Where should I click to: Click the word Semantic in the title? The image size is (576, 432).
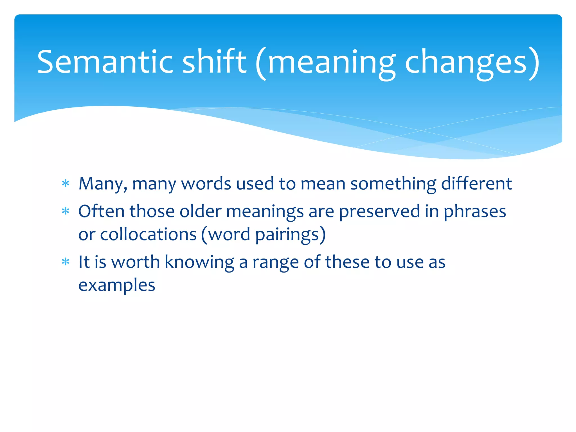coord(105,62)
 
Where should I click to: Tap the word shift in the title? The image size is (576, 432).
coord(214,62)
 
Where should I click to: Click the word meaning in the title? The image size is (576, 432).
coord(332,63)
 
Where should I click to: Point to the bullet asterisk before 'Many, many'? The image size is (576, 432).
coord(66,184)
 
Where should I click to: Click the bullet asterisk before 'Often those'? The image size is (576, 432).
coord(66,211)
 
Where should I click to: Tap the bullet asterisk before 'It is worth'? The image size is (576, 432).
coord(66,262)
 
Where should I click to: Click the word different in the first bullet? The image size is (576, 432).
coord(476,184)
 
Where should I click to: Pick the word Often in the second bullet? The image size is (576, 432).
coord(101,211)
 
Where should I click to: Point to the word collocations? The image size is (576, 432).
coord(148,234)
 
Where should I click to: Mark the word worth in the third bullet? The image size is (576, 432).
coord(136,262)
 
